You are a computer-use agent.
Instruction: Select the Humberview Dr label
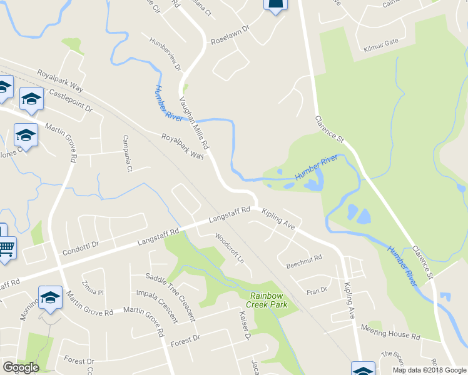(x=165, y=54)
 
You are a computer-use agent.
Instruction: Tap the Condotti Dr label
(x=81, y=249)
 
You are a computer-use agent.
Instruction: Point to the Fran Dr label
(x=317, y=290)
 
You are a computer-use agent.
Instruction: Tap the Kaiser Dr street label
(x=244, y=326)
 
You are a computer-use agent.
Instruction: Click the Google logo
(x=21, y=367)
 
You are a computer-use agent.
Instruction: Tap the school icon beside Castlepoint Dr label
(x=31, y=98)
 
